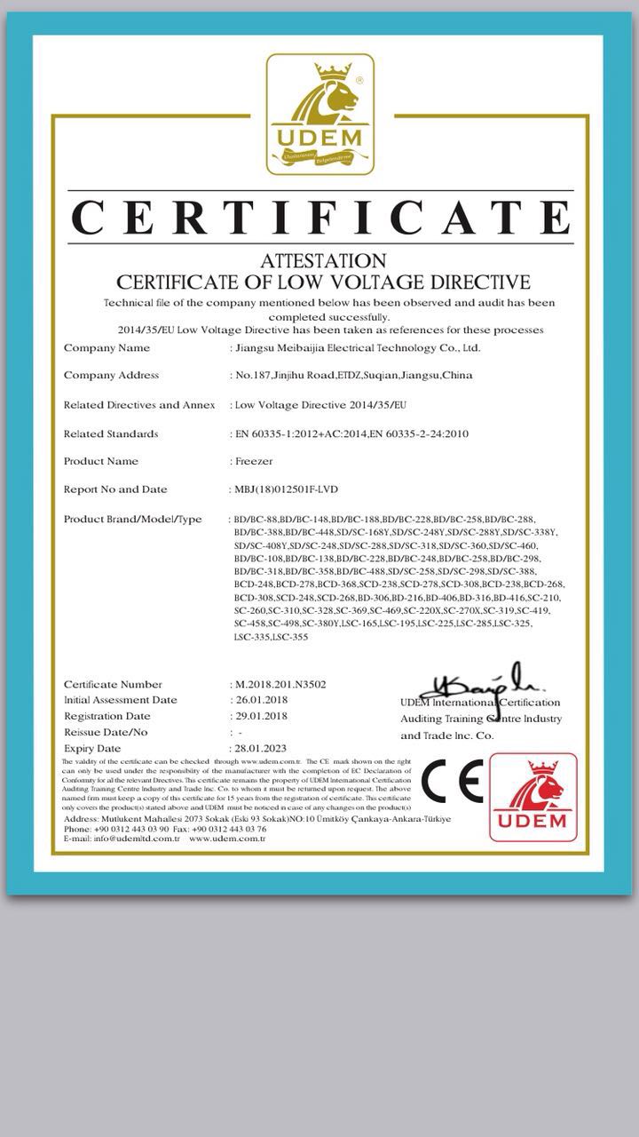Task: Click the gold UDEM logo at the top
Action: coord(320,114)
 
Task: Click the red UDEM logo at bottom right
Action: coord(532,797)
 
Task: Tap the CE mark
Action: coord(452,783)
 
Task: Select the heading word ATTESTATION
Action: coord(323,261)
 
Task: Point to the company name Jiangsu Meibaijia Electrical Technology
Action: coord(356,348)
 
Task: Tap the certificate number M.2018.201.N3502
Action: coord(280,684)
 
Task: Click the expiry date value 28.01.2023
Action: coord(260,748)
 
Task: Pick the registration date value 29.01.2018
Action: coord(260,716)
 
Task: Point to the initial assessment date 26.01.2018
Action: coord(260,700)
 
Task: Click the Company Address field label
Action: coord(111,376)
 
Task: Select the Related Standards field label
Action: coord(111,433)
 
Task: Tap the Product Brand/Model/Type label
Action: coord(133,519)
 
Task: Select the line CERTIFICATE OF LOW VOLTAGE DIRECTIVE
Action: coord(323,282)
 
